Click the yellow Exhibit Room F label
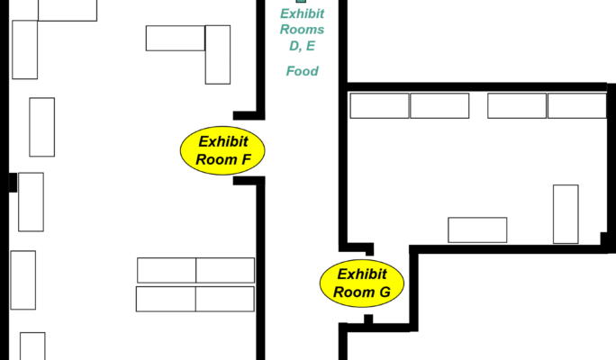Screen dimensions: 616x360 (x=222, y=150)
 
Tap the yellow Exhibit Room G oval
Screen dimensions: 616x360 (x=362, y=283)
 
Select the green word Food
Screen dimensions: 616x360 (x=302, y=71)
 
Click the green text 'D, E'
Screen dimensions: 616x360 (x=302, y=46)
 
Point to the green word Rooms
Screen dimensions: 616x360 (x=302, y=30)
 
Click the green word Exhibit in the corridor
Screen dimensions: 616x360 (x=302, y=13)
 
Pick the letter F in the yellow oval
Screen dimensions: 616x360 (x=246, y=160)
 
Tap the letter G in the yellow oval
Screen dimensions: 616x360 (x=385, y=292)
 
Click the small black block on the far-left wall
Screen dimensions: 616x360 (x=13, y=183)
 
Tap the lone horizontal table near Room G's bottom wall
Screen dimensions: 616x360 (x=477, y=230)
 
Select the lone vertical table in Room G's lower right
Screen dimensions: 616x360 (x=566, y=214)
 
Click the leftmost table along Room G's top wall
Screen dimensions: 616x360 (x=379, y=105)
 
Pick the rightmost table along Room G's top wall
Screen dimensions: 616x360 (x=577, y=105)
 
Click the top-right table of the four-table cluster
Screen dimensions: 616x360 (x=225, y=270)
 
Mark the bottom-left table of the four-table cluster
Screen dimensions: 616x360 (x=166, y=299)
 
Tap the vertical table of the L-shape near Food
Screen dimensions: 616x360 (x=218, y=55)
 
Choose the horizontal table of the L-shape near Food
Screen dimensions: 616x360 (x=176, y=38)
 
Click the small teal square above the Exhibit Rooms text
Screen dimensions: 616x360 (x=301, y=1)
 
